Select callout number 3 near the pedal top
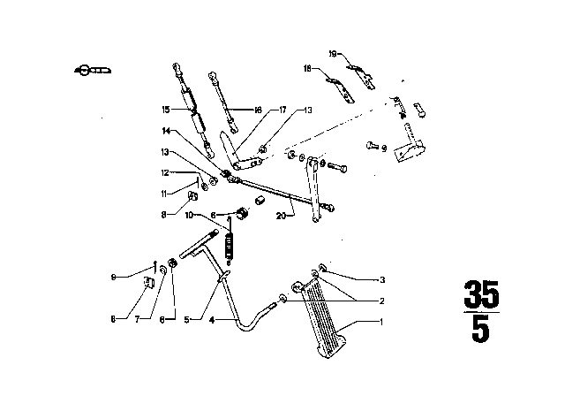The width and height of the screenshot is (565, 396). click(382, 279)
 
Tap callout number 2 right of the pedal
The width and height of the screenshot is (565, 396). click(381, 301)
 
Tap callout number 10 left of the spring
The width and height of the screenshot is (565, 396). click(189, 215)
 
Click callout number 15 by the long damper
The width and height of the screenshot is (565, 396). click(165, 111)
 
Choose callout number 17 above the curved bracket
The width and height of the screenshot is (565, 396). click(282, 110)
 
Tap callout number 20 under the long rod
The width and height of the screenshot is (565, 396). click(281, 215)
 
